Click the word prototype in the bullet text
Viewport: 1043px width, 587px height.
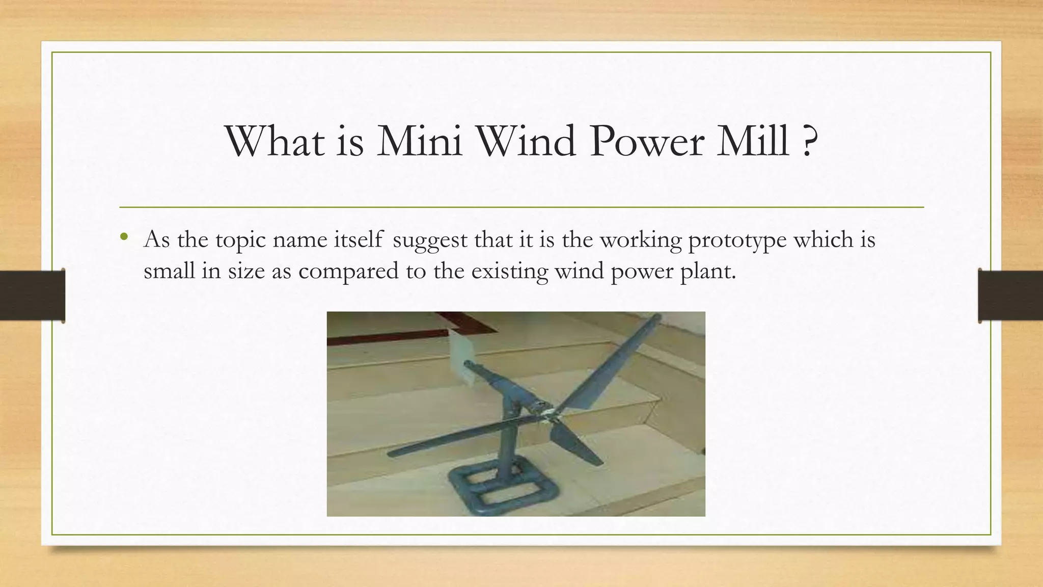pos(737,239)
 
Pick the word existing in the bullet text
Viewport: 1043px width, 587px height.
pos(509,271)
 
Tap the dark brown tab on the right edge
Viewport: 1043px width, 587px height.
pos(1010,296)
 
